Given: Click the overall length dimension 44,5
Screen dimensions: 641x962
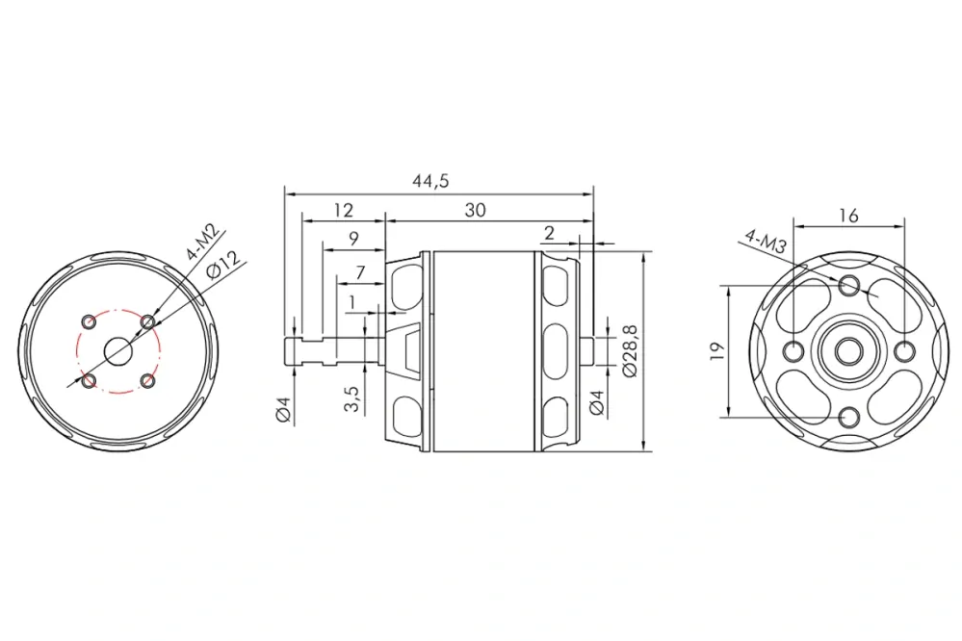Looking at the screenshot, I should (x=435, y=180).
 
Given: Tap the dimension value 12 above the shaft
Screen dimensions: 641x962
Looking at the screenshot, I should (x=343, y=211).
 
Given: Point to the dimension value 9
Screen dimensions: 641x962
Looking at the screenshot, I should (x=353, y=239).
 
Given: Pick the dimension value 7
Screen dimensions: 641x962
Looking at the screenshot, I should (x=360, y=272).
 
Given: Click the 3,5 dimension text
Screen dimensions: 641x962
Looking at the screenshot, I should (x=351, y=399).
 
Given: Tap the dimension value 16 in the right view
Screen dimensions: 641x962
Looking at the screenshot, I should (x=848, y=216).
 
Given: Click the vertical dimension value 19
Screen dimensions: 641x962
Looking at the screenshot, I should (x=714, y=352).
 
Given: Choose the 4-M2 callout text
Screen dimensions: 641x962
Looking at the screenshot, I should (x=204, y=244).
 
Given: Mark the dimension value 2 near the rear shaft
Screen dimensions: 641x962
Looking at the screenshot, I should (x=549, y=234).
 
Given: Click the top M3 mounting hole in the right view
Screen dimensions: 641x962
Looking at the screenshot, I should (x=849, y=285).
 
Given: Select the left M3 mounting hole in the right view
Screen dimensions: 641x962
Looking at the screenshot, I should (x=793, y=351).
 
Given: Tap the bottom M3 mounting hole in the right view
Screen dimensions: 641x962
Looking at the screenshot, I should (x=849, y=417).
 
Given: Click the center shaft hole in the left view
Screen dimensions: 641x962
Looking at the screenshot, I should (x=118, y=351).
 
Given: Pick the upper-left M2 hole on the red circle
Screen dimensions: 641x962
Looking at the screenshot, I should (x=89, y=320).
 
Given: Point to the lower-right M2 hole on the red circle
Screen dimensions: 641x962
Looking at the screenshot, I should (x=147, y=382).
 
